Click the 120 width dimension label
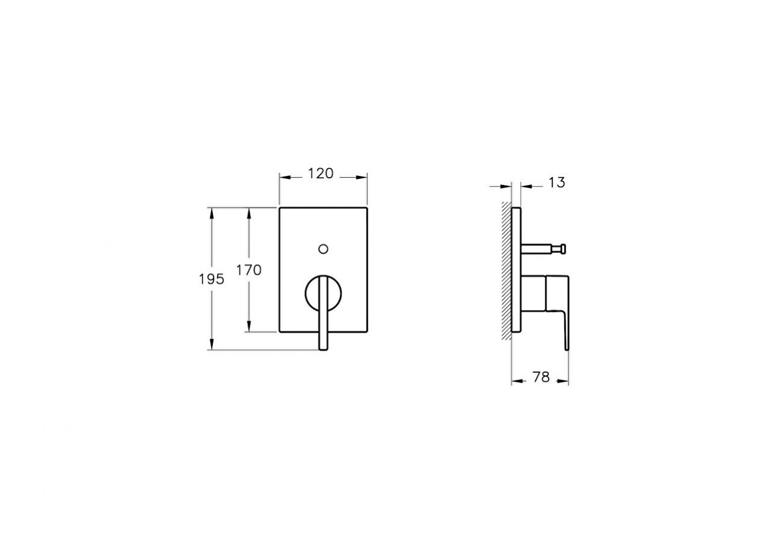point(321,173)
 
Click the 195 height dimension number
point(212,279)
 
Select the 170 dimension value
point(248,270)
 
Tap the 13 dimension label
point(557,182)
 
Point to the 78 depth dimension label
point(541,378)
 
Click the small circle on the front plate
point(324,248)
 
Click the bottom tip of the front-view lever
point(324,347)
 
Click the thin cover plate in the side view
point(516,271)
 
